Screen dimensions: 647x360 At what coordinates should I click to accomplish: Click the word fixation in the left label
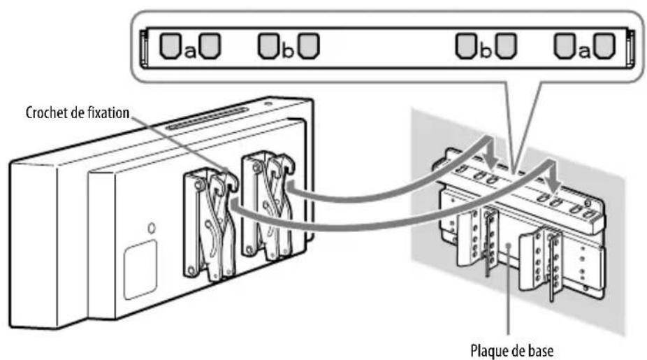[109, 113]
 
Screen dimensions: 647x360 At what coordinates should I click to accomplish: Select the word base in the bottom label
[541, 350]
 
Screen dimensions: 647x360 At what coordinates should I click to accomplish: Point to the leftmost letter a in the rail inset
[190, 52]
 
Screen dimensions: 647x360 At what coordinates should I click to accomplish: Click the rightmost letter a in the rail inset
[584, 52]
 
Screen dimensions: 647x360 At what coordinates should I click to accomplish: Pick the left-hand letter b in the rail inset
[288, 50]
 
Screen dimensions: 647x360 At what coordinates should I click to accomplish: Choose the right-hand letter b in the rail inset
[486, 50]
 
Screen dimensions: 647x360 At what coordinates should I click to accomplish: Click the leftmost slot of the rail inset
[170, 45]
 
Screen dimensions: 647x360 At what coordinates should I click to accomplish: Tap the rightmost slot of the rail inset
[604, 45]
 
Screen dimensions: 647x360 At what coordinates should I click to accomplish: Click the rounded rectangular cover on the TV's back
[140, 269]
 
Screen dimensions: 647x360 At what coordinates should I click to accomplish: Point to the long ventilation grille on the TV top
[207, 118]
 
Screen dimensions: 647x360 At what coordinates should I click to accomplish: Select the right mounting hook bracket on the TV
[268, 206]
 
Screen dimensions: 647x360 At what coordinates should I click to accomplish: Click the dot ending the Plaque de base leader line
[509, 245]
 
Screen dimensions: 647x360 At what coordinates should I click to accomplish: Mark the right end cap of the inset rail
[630, 48]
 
